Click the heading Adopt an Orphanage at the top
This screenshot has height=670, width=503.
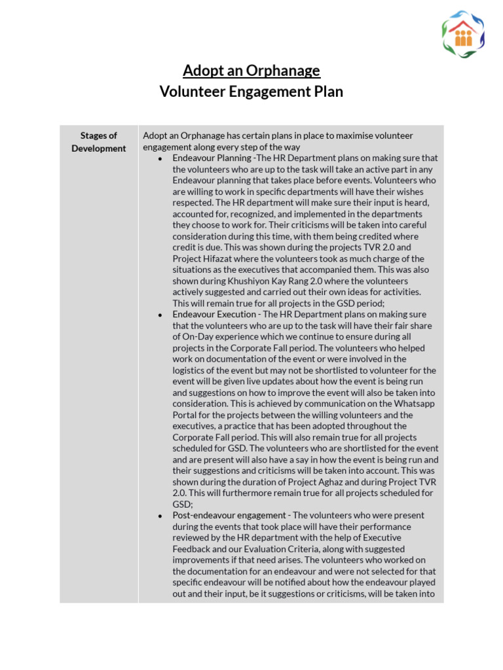(x=251, y=71)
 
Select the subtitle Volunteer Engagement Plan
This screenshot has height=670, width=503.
(x=251, y=92)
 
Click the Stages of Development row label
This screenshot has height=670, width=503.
(x=99, y=142)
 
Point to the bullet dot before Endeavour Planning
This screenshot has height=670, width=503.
(x=160, y=158)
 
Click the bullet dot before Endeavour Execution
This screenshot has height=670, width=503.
(x=160, y=315)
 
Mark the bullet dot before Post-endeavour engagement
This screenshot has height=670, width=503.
(x=160, y=516)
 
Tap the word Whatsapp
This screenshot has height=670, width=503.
(x=416, y=404)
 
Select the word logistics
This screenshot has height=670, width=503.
(x=191, y=370)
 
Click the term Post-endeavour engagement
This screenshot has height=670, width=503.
(x=229, y=516)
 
